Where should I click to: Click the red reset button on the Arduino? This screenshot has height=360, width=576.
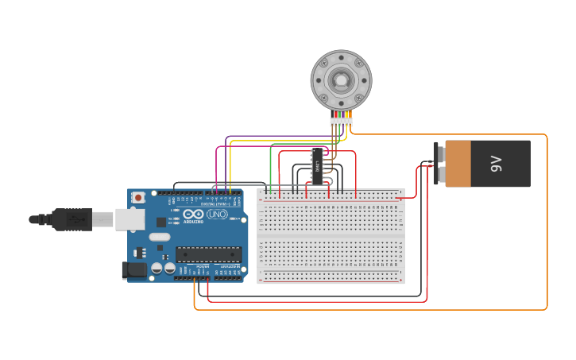pyautogui.click(x=138, y=197)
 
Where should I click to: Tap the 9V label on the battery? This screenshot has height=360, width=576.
pyautogui.click(x=497, y=164)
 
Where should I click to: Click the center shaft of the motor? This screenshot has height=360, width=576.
pyautogui.click(x=341, y=79)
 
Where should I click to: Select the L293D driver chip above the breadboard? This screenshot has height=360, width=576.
pyautogui.click(x=318, y=166)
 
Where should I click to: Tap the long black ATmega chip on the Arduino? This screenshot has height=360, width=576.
pyautogui.click(x=208, y=254)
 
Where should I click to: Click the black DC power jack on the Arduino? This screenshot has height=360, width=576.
pyautogui.click(x=134, y=270)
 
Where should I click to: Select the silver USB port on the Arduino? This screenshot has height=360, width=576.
pyautogui.click(x=130, y=219)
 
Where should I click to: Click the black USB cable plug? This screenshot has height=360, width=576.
pyautogui.click(x=72, y=219)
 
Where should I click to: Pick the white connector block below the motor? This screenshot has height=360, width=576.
pyautogui.click(x=341, y=122)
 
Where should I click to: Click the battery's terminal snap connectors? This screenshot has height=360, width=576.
pyautogui.click(x=437, y=164)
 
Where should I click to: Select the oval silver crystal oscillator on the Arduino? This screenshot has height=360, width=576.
pyautogui.click(x=160, y=237)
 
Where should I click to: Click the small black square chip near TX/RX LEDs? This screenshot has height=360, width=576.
pyautogui.click(x=161, y=222)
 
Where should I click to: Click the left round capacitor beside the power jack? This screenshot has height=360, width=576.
pyautogui.click(x=157, y=269)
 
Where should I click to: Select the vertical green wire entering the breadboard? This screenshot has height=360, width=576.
pyautogui.click(x=270, y=171)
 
